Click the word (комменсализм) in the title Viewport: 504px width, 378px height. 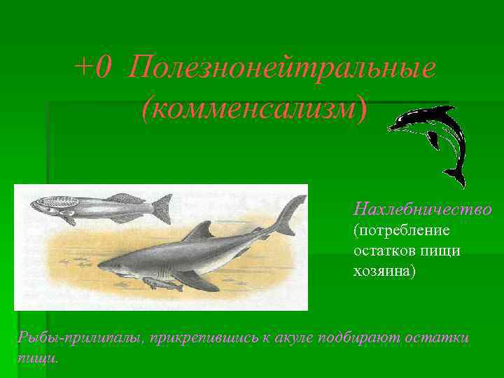[x=253, y=108]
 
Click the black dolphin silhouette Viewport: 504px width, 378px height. [x=437, y=133]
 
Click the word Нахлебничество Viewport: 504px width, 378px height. [x=422, y=209]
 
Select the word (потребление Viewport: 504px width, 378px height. [x=402, y=230]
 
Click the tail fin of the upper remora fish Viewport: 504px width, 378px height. [x=162, y=208]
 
